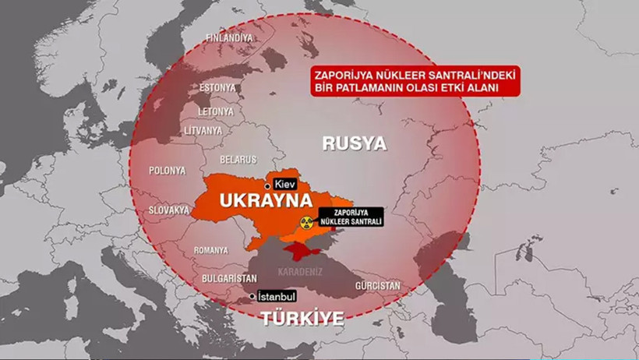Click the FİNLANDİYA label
point(229,37)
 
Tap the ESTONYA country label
point(217,86)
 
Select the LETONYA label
point(215,111)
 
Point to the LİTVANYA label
point(202,132)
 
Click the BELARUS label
point(238,160)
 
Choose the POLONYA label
point(168,170)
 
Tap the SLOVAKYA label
point(169,210)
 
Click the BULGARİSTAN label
point(208,277)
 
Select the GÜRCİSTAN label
point(378,286)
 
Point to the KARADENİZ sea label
point(300,273)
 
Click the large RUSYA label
point(355,143)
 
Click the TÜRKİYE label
point(302,318)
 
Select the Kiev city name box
point(286,185)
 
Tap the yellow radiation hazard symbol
point(306,221)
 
